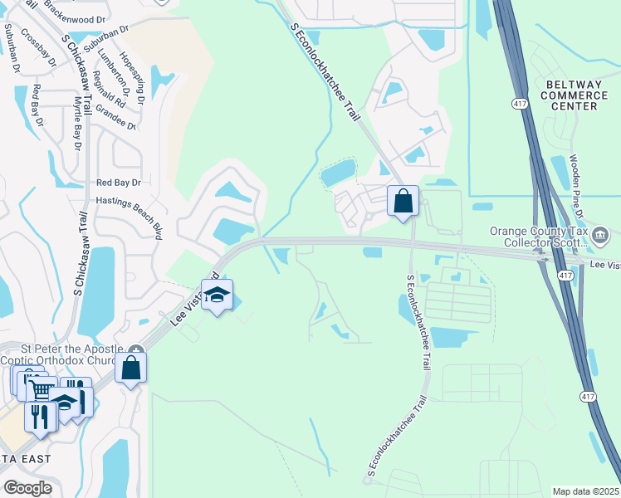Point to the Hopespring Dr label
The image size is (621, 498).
[x=132, y=74]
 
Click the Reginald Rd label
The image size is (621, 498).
[x=108, y=90]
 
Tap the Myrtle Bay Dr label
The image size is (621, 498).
[x=76, y=124]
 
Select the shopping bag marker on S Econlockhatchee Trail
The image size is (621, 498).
[x=403, y=201]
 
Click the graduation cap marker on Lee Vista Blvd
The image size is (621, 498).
[x=217, y=295]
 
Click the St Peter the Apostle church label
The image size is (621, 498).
[x=62, y=354]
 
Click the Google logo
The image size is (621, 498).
[x=27, y=488]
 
